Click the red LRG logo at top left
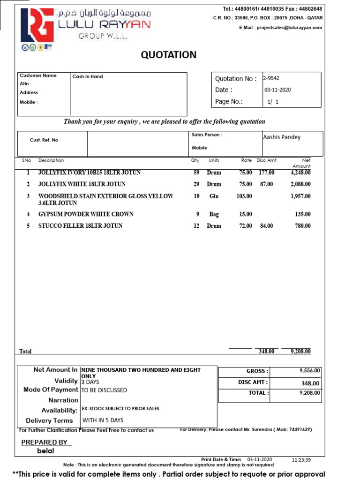point(37,26)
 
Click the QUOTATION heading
point(169,55)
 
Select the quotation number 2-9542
point(271,78)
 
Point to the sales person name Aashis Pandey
point(282,137)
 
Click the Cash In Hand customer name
point(87,76)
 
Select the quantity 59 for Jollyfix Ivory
point(196,172)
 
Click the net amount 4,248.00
point(300,172)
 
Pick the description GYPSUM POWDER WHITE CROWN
point(86,214)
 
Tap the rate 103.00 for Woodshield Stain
point(244,196)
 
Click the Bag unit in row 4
point(214,214)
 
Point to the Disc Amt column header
point(267,160)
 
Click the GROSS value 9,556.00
point(309,370)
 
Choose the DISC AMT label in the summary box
point(253,382)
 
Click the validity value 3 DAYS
point(90,382)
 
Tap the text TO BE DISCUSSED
point(104,390)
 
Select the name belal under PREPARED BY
point(45,451)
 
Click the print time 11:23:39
point(301,460)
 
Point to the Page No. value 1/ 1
point(273,101)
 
